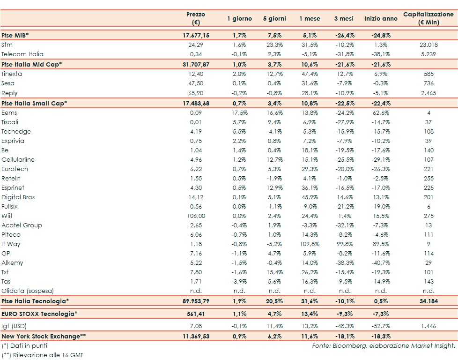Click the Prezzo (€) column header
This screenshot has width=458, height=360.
(x=195, y=18)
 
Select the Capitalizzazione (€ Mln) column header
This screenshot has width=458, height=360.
(x=428, y=18)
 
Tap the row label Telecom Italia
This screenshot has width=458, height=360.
(x=22, y=54)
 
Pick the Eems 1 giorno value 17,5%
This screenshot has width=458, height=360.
(x=239, y=113)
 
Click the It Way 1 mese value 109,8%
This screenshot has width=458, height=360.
(x=310, y=244)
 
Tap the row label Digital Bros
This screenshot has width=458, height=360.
(x=18, y=197)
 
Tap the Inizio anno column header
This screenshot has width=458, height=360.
(x=381, y=19)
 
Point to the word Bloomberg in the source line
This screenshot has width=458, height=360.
(x=347, y=346)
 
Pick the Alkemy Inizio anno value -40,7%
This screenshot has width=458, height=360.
(x=381, y=263)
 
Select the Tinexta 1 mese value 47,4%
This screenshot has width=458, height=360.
(x=310, y=74)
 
